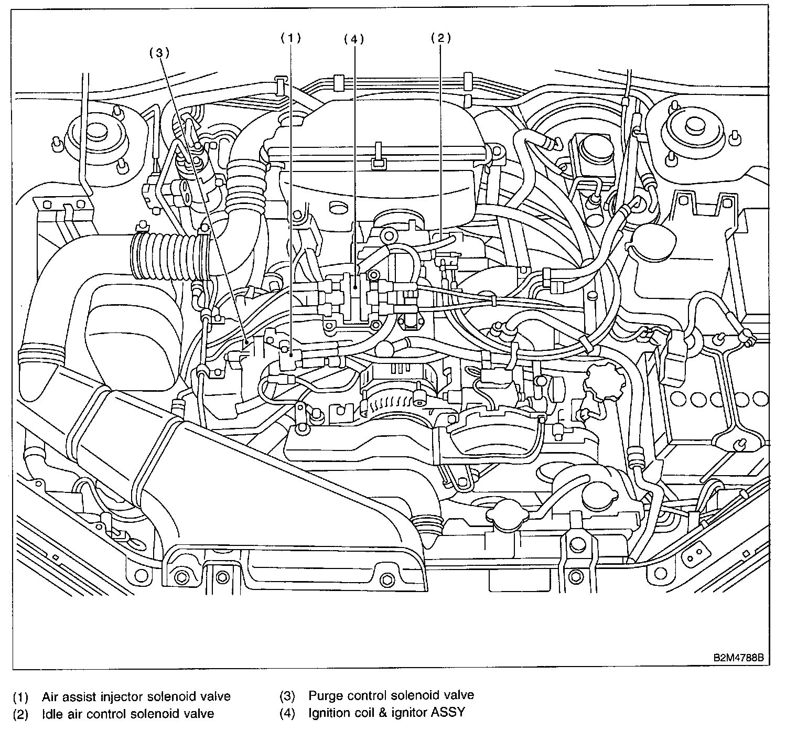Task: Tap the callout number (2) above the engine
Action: pos(440,38)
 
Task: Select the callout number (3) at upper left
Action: pos(159,52)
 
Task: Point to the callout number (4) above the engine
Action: pos(354,39)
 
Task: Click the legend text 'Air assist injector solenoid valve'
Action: pos(136,696)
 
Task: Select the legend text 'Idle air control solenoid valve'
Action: pos(128,714)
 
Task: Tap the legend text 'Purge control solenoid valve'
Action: pos(391,695)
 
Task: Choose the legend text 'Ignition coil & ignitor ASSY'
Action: pos(386,713)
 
